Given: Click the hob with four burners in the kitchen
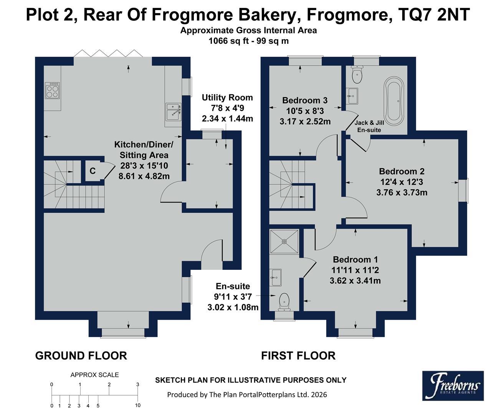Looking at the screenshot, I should (x=53, y=90).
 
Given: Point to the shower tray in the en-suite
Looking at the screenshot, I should (x=284, y=242).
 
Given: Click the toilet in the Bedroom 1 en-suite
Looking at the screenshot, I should (x=284, y=301).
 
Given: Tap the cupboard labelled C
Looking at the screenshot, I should (x=93, y=171).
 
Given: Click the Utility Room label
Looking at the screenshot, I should (x=227, y=98).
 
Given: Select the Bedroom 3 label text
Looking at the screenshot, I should (x=305, y=100).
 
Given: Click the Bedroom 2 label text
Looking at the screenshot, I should (x=402, y=171).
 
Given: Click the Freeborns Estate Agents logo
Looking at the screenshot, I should (x=453, y=385).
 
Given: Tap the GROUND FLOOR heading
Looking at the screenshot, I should (x=81, y=356).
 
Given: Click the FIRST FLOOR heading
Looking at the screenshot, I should (x=298, y=356).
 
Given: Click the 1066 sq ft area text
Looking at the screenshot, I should (x=226, y=41).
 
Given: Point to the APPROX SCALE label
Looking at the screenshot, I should (x=94, y=375).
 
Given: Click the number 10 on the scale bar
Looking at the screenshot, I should (x=138, y=405).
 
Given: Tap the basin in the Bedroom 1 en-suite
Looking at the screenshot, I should (x=276, y=277).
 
